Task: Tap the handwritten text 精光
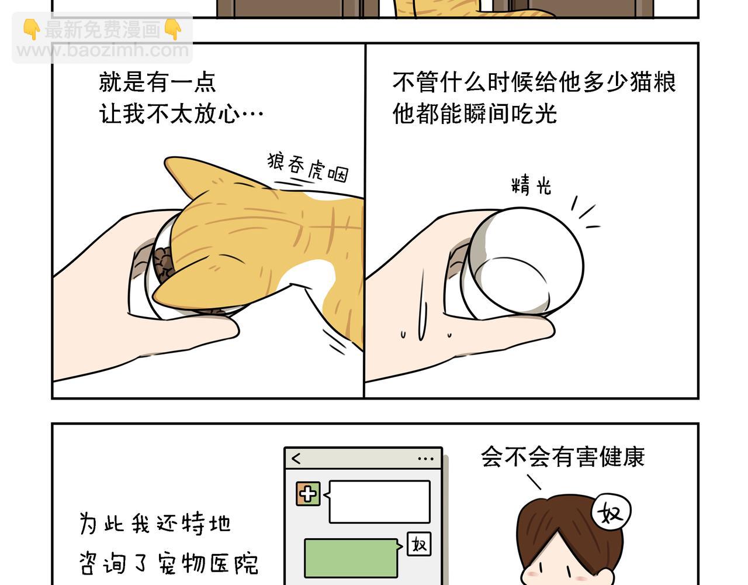tap(531, 185)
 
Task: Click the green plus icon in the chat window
tap(308, 494)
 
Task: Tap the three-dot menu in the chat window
tap(425, 459)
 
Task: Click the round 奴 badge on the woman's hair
tap(611, 512)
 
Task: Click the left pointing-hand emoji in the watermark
tap(32, 29)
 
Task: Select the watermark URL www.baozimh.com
tap(103, 51)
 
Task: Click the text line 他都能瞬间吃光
tap(475, 113)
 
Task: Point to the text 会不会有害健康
tap(563, 456)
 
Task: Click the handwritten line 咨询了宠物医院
tap(169, 563)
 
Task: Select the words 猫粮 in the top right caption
tap(653, 82)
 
